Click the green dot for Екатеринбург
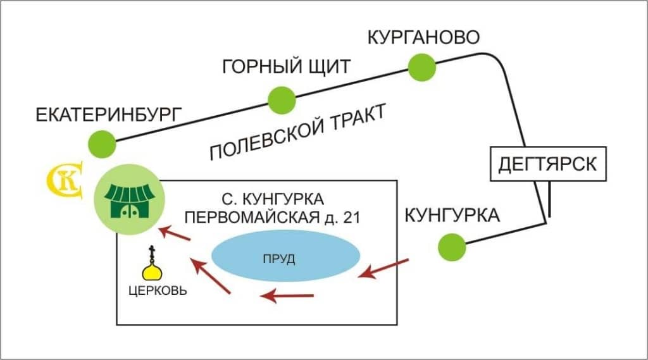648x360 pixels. (x=102, y=144)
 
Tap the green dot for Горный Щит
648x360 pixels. (x=282, y=101)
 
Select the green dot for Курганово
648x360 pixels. (x=422, y=67)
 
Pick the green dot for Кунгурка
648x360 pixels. (x=452, y=247)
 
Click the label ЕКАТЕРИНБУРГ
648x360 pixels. (x=109, y=115)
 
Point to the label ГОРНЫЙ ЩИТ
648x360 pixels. (x=287, y=66)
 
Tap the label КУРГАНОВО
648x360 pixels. (x=423, y=37)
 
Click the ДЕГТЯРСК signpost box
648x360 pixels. (x=548, y=164)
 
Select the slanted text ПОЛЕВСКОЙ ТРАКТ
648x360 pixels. (x=297, y=132)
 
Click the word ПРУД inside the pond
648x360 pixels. (x=279, y=259)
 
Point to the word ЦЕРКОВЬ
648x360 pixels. (x=158, y=290)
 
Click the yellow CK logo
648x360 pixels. (x=65, y=180)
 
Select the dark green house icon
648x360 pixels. (x=130, y=201)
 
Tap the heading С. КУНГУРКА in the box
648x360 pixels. (x=273, y=199)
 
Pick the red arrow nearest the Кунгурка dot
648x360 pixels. (x=383, y=269)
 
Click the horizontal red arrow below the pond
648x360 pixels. (x=287, y=295)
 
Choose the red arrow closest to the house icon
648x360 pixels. (x=175, y=233)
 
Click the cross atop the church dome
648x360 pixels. (x=152, y=251)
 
